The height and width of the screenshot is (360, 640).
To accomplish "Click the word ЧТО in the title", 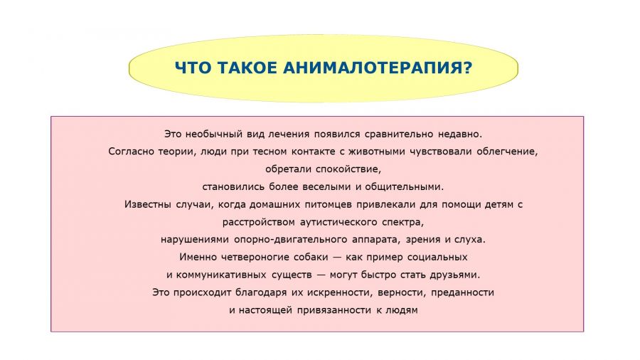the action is [193, 68].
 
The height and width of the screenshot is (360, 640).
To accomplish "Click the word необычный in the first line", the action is [214, 134].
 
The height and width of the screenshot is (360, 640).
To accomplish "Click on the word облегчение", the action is [507, 152].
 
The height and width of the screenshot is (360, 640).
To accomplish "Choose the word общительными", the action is [404, 187].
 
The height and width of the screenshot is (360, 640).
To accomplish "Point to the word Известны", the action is [148, 204].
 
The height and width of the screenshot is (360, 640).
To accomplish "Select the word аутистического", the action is [338, 222].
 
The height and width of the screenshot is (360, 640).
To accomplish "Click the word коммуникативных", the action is [221, 275].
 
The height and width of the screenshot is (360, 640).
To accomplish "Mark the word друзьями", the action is [454, 275].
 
